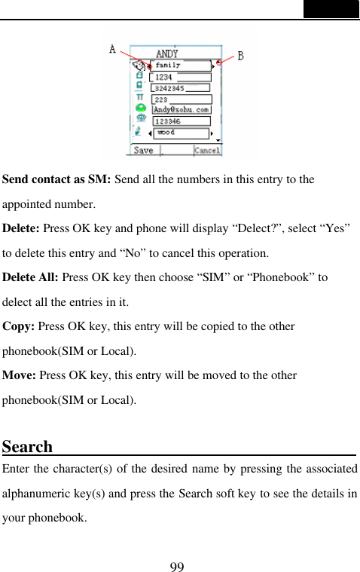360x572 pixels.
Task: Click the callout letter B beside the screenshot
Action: click(240, 56)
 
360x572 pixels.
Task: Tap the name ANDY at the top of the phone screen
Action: click(167, 54)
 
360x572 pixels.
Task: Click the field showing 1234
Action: click(181, 77)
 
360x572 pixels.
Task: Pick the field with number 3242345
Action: click(181, 88)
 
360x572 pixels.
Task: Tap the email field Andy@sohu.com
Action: click(182, 109)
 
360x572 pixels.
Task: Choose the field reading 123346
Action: click(181, 121)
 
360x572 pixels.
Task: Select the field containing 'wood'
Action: click(181, 133)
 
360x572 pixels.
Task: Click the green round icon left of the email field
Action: click(140, 108)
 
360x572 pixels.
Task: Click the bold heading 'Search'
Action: click(27, 447)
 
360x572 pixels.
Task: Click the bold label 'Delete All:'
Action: click(31, 277)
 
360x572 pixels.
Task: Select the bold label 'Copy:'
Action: click(19, 326)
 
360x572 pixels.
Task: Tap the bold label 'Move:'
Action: click(20, 375)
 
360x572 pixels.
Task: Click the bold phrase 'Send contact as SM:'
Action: click(57, 179)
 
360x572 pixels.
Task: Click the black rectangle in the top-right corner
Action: click(331, 9)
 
